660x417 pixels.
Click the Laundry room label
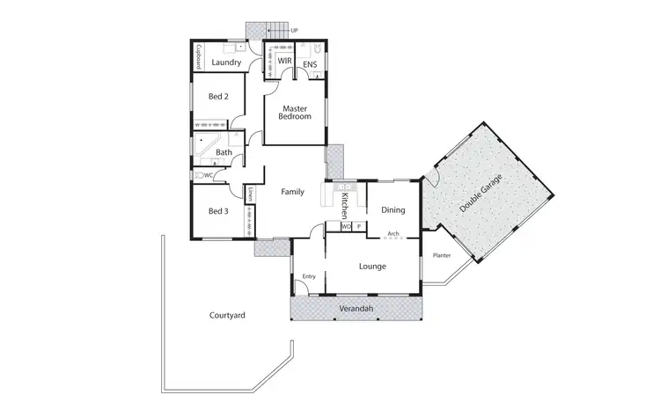227,63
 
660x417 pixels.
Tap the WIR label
284,61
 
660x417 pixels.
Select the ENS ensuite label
310,64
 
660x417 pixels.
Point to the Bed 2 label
218,97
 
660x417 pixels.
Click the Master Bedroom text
295,113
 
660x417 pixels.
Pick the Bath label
224,153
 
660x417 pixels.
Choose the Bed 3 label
218,211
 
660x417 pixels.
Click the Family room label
292,192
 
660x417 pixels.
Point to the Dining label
392,210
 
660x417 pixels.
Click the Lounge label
373,266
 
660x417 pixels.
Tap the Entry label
309,277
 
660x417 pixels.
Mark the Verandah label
356,310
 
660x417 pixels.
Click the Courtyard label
227,315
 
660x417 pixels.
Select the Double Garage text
482,191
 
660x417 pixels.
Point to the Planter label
442,256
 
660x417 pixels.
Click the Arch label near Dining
393,234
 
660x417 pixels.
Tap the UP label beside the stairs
305,29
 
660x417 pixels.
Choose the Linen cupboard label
251,194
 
